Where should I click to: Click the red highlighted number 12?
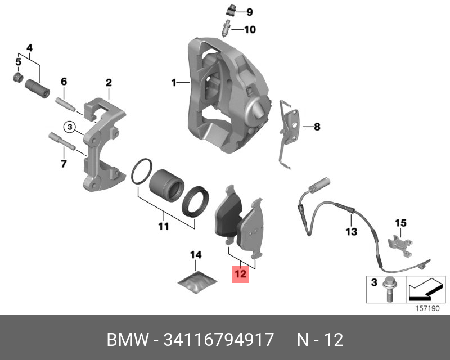point(240,274)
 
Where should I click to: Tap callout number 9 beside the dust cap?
point(250,12)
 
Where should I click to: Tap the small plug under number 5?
point(18,77)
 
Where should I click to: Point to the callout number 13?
point(351,231)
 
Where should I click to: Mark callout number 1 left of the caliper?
point(174,83)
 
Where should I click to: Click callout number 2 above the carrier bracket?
point(109,83)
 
